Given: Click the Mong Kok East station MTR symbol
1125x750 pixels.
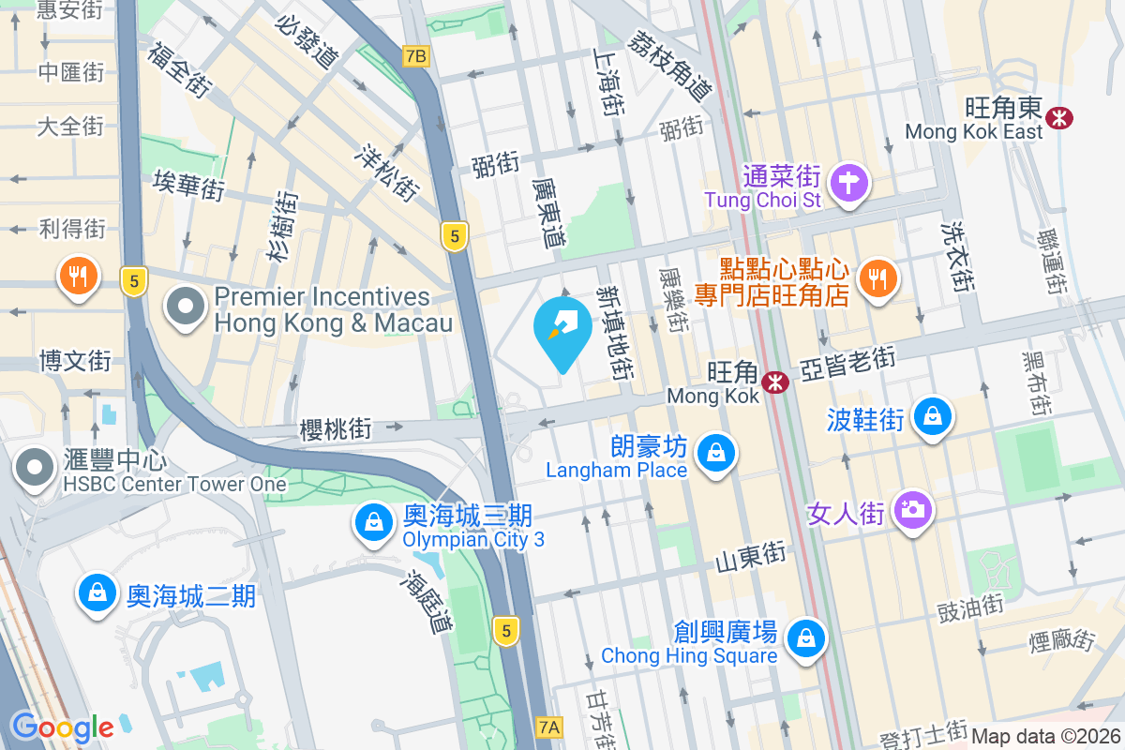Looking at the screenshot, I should tap(1061, 118).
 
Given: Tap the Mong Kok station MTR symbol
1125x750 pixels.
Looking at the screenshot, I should tap(774, 382).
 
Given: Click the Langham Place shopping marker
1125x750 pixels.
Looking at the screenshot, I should tap(715, 454).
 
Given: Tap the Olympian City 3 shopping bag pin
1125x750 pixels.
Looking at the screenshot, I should tap(374, 522).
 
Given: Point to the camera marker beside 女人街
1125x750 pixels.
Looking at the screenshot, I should tap(911, 510).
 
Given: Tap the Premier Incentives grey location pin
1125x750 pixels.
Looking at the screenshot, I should tap(187, 307).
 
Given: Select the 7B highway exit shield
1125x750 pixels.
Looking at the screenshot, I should tap(415, 56).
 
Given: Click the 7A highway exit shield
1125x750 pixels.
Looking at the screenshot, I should tap(550, 727).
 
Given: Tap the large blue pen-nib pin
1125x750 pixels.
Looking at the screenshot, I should tap(562, 327).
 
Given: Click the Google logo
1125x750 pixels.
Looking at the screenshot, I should tap(62, 727).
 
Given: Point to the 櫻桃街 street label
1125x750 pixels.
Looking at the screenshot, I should tap(336, 429).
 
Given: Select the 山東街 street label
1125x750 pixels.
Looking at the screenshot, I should tap(750, 556).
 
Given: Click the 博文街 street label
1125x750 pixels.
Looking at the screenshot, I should tap(74, 360).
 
